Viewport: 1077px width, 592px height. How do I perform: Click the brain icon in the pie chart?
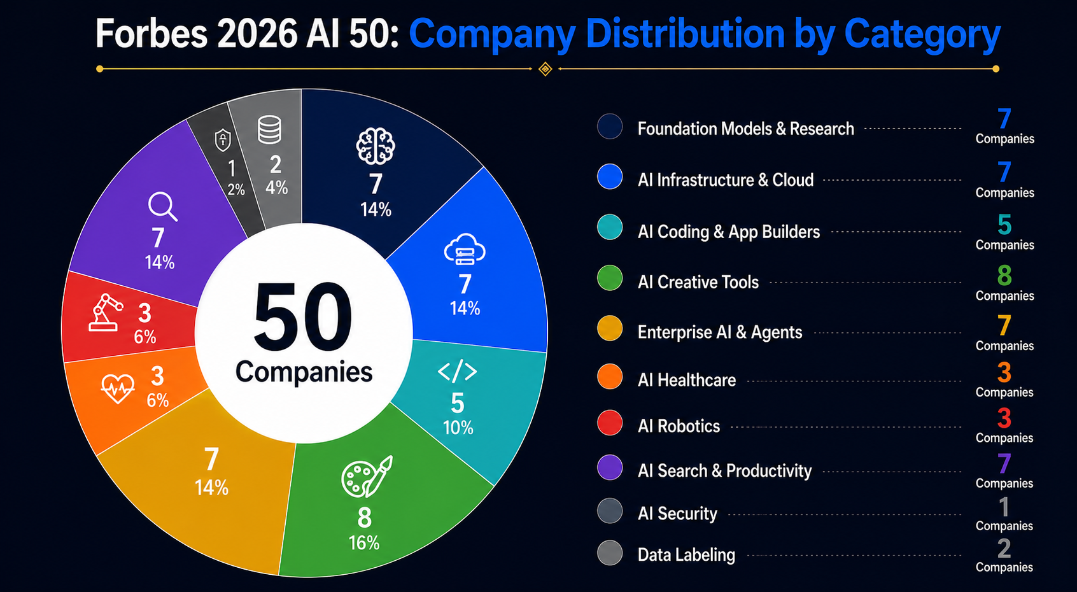(376, 146)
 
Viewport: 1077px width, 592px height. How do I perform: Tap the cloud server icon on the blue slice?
(465, 249)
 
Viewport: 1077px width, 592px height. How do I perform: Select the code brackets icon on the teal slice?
(457, 371)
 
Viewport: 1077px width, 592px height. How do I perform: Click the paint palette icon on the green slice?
(367, 477)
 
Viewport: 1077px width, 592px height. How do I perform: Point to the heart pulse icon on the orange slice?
(118, 387)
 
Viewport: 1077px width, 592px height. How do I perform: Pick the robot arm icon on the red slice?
(106, 313)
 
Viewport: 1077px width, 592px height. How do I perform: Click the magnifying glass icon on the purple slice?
(162, 207)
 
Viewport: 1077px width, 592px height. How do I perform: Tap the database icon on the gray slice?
(269, 130)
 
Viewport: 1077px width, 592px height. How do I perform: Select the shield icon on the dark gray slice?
(223, 140)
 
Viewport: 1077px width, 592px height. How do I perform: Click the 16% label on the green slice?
(363, 543)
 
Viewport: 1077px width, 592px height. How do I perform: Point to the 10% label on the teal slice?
(458, 428)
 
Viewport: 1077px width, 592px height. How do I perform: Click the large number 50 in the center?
(303, 318)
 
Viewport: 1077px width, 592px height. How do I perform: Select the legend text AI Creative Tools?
(698, 282)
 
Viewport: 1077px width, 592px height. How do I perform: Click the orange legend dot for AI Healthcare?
(610, 376)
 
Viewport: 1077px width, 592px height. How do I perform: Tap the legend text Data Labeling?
(686, 554)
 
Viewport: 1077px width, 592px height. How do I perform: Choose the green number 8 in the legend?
(1004, 276)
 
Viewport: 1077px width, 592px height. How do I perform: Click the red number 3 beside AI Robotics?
(1004, 418)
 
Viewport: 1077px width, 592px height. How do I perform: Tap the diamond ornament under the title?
(545, 69)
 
